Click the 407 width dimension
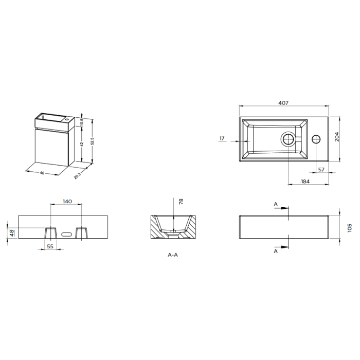point(283,103)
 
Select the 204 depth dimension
point(336,137)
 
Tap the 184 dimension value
point(305,182)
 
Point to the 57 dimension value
point(321,169)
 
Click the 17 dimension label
point(222,138)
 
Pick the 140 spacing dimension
point(67,202)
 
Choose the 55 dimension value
point(50,246)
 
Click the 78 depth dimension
point(181,202)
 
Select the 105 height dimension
point(349,228)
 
